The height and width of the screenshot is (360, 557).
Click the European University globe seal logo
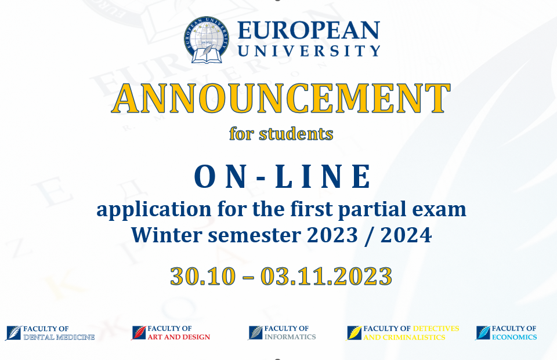pos(207,40)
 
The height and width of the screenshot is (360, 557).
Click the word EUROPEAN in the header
pos(309,30)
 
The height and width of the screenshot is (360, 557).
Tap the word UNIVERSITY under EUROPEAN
pos(309,51)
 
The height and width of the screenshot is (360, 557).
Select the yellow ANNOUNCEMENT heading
pos(281,99)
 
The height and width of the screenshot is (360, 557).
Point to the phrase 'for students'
pos(281,134)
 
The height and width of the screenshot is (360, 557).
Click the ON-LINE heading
pos(283,176)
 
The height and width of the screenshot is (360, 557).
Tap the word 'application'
pos(154,210)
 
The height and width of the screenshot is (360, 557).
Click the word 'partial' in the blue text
pos(372,210)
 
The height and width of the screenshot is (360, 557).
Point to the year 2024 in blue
pos(406,235)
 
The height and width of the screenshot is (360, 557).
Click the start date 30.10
pos(203,276)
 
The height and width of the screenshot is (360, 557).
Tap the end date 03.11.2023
pos(327,276)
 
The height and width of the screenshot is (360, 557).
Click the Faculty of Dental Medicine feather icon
pos(13,333)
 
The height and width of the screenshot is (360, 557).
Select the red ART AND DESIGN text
pos(179,337)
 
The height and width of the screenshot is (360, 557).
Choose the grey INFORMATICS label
pos(290,337)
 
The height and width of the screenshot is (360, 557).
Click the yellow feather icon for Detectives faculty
pos(354,333)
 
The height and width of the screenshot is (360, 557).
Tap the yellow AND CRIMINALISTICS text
pos(404,337)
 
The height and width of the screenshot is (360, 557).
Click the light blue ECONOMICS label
pos(514,337)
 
